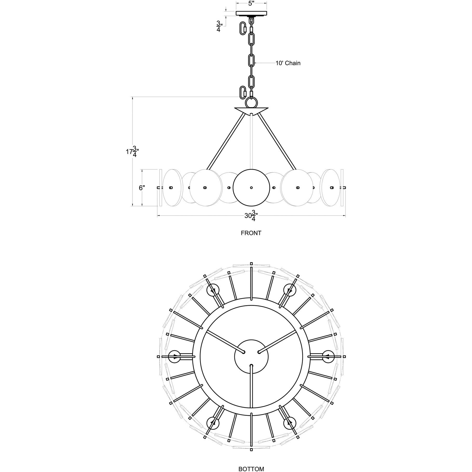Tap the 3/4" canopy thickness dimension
pyautogui.click(x=219, y=27)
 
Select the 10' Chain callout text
pyautogui.click(x=288, y=63)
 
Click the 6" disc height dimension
pyautogui.click(x=142, y=188)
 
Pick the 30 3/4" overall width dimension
pyautogui.click(x=251, y=216)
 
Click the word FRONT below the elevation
pyautogui.click(x=251, y=233)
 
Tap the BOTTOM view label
pyautogui.click(x=251, y=467)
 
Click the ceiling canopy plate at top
pyautogui.click(x=251, y=13)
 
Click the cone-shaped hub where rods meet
pyautogui.click(x=251, y=110)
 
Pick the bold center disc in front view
pyautogui.click(x=251, y=188)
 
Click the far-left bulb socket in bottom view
pyautogui.click(x=174, y=356)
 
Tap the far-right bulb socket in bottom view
pyautogui.click(x=328, y=356)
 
